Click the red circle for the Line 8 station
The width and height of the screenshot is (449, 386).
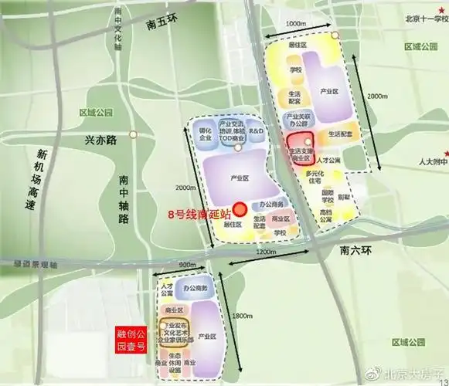tap(240, 208)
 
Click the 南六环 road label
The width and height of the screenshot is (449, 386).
tap(356, 251)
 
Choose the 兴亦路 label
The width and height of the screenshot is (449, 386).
tap(100, 141)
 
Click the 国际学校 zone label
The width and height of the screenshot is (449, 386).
tap(328, 196)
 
